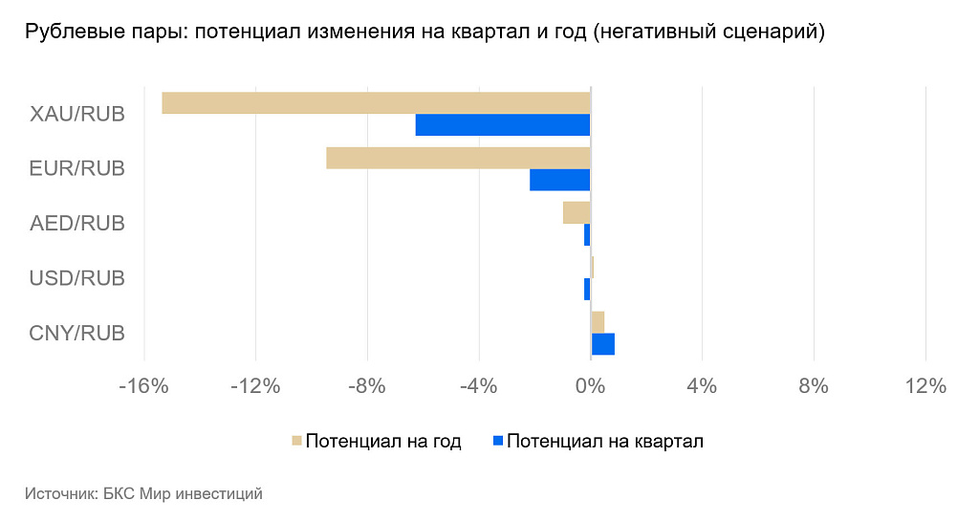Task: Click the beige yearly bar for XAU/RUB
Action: point(376,103)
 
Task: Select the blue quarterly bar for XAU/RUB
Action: point(503,125)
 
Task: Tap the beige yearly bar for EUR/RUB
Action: point(458,158)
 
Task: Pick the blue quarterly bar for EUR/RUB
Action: point(560,180)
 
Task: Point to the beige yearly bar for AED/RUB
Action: point(577,213)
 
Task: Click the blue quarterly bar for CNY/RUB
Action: point(603,344)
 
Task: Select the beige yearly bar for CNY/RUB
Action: point(598,322)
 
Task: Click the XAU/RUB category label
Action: point(77,115)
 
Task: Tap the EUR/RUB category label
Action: point(77,168)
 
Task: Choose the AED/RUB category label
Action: point(77,224)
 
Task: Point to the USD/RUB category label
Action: point(77,278)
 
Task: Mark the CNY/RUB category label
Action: point(77,333)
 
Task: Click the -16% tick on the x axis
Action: point(143,386)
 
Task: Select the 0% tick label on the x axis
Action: point(590,386)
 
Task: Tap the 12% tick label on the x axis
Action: point(925,386)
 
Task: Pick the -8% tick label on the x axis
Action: point(367,386)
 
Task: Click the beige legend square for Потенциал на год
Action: point(296,441)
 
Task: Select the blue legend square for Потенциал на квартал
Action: point(497,441)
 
